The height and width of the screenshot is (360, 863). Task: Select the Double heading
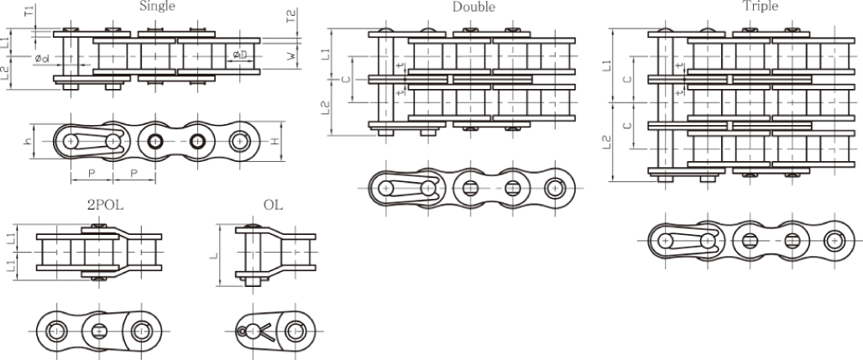click(x=473, y=7)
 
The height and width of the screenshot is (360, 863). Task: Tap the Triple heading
click(x=760, y=6)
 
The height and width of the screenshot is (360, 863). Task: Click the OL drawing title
click(x=273, y=203)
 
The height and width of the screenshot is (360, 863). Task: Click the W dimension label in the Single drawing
click(x=290, y=57)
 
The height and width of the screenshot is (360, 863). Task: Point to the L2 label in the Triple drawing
click(x=607, y=143)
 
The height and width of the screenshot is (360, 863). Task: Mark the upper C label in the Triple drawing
click(x=628, y=78)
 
